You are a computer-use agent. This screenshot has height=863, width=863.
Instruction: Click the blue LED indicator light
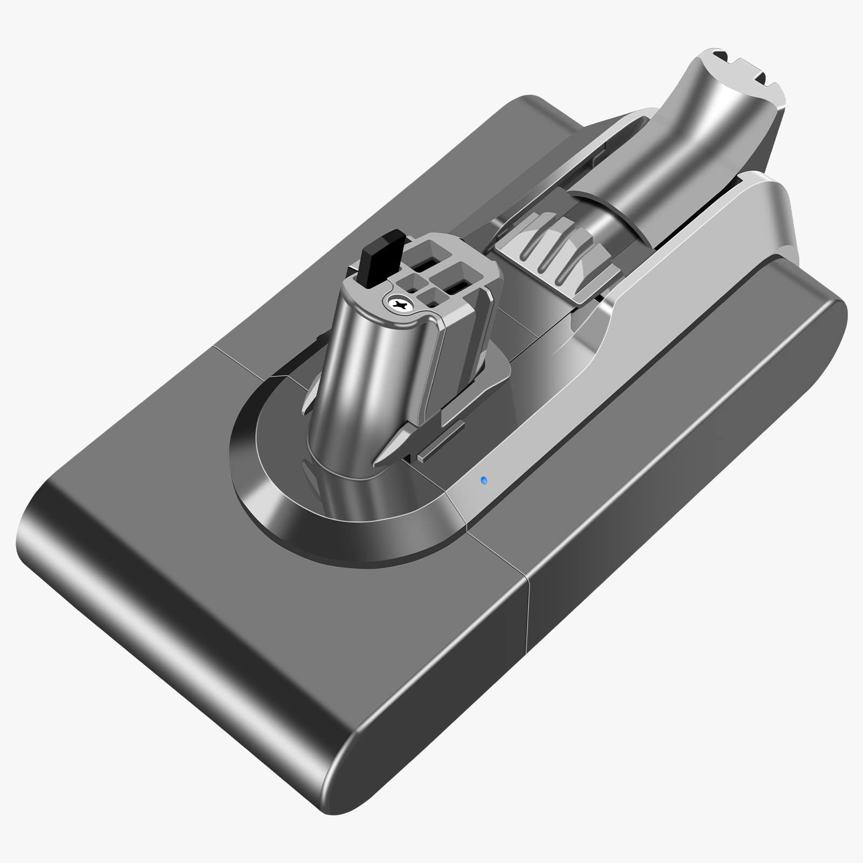[x=483, y=479]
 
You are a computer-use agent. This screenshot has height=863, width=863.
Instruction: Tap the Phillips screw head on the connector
[x=401, y=305]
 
